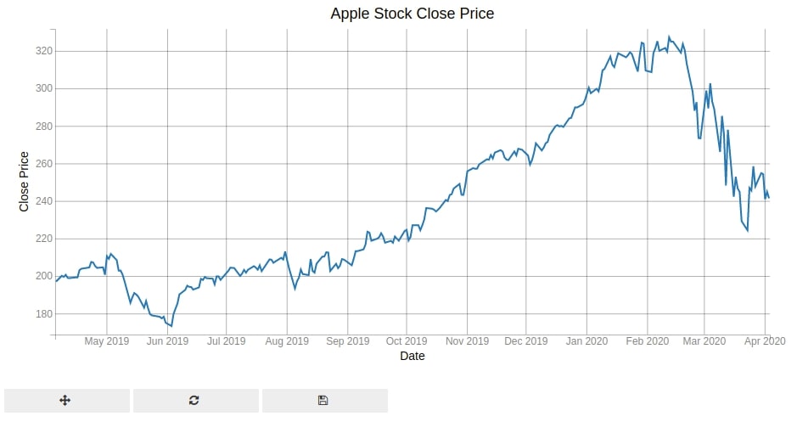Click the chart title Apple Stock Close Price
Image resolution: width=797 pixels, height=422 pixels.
[413, 14]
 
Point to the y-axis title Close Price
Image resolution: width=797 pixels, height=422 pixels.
[24, 182]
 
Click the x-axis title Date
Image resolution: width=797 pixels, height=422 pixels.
[413, 356]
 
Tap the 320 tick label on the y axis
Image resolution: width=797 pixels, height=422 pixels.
[44, 51]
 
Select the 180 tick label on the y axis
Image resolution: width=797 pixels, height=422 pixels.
[44, 313]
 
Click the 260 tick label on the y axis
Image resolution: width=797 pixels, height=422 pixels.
[44, 164]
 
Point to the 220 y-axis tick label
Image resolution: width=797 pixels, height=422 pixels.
[44, 239]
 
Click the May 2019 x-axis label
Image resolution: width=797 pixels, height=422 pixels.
[107, 341]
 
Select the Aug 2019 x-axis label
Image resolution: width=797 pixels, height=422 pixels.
[287, 341]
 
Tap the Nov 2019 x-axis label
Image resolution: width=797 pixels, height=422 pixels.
[467, 341]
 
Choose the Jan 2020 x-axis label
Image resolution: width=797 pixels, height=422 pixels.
[587, 341]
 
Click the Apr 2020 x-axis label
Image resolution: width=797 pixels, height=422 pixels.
[765, 341]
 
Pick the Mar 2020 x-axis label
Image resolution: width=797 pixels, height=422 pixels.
[704, 341]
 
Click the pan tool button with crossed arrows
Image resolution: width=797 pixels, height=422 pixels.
[65, 401]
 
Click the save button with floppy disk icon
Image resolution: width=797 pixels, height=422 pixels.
[323, 401]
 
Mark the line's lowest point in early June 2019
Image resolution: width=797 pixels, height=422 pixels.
[171, 326]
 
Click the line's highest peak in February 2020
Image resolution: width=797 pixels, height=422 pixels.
[668, 37]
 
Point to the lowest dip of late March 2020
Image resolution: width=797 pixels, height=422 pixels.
[747, 231]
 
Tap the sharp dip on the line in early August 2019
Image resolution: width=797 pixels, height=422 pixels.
[295, 290]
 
